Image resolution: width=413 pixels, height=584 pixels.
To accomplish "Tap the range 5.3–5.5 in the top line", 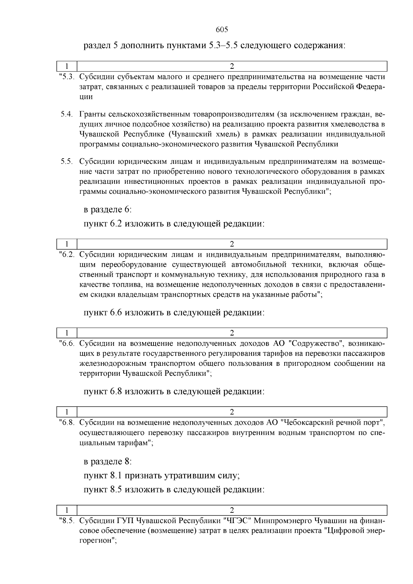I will pyautogui.click(x=224, y=45).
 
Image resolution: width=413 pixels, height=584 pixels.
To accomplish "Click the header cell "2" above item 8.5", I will pyautogui.click(x=232, y=510).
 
